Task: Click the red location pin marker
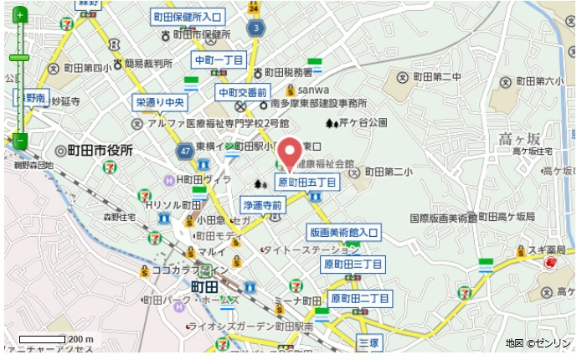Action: click(290, 153)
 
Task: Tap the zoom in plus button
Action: click(19, 15)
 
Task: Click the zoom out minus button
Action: click(19, 141)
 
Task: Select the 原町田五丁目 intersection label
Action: click(307, 182)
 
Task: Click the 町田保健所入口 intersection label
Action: click(188, 17)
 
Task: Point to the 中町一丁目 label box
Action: click(218, 60)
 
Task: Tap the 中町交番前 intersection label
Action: click(242, 91)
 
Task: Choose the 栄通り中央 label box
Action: click(160, 103)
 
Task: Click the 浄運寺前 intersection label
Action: click(263, 204)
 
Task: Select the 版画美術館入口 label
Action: click(343, 232)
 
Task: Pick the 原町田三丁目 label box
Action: click(353, 265)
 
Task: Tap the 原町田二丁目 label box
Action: click(359, 298)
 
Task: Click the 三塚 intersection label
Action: click(368, 342)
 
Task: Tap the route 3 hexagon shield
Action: click(255, 28)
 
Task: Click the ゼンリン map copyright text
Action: click(539, 343)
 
